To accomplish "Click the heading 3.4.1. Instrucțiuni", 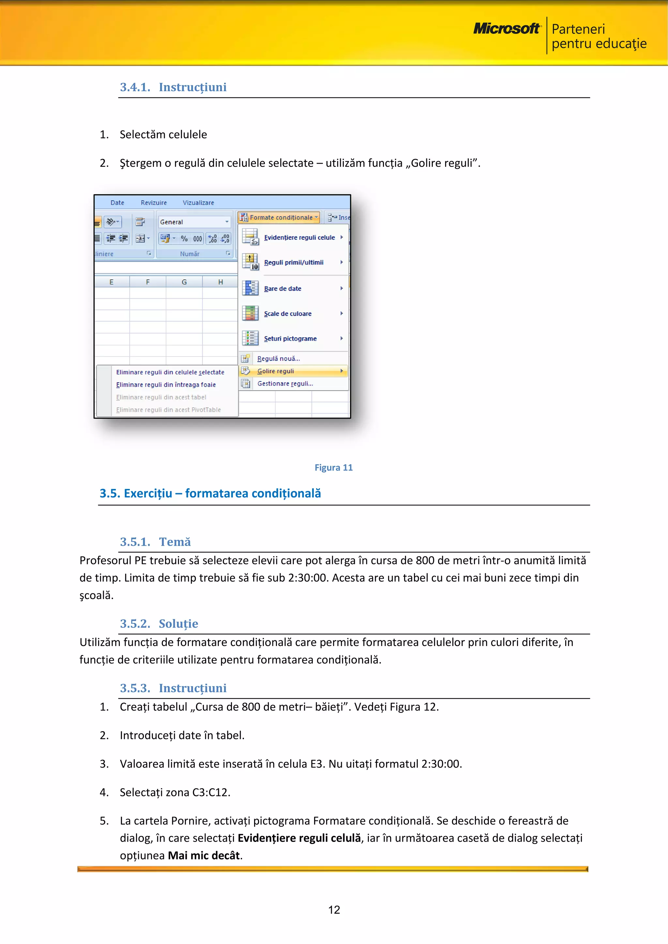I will point(173,87).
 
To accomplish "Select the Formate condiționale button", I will point(279,217).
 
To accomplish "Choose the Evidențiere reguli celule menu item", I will point(299,237).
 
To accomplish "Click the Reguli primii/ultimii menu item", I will point(293,262).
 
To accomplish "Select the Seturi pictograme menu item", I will point(290,338).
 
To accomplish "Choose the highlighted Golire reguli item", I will point(276,371).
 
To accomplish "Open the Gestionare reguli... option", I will point(285,384).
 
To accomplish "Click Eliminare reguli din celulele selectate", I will point(170,372).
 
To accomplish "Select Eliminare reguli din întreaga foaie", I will point(166,385).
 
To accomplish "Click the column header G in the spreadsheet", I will point(184,282).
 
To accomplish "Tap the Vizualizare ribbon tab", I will point(198,203).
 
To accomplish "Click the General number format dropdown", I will point(194,222).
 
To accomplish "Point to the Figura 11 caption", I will point(333,467).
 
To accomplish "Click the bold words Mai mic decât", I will point(204,856).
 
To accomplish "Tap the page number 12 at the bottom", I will point(334,910).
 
